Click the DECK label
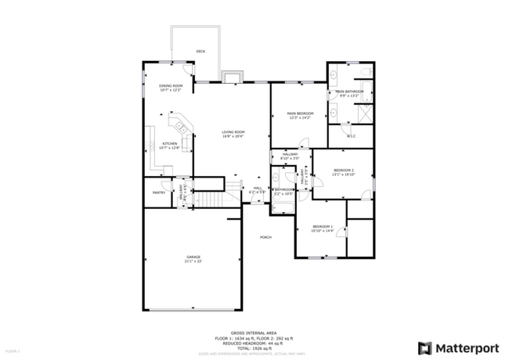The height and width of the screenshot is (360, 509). [201, 52]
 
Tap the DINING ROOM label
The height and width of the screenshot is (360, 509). [171, 86]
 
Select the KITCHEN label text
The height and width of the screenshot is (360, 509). [170, 144]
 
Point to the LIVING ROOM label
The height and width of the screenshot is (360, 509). [233, 132]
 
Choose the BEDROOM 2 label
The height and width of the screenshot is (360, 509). [344, 171]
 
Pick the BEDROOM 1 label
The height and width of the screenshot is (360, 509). [322, 227]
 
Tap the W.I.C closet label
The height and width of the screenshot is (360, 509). [351, 138]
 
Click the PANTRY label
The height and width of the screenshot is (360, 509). [159, 192]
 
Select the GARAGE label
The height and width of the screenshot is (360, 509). [193, 257]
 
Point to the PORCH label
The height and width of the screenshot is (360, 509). [267, 236]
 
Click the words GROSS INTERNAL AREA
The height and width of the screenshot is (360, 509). [254, 332]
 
